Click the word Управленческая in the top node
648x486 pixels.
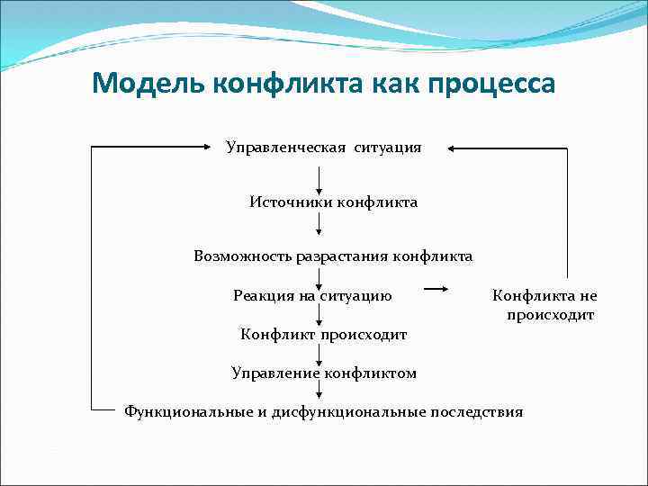[286, 147]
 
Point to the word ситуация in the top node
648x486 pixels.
[388, 147]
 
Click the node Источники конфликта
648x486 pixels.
[333, 202]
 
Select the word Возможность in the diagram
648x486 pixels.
[242, 256]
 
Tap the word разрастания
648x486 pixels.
[345, 256]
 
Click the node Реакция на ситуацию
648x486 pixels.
[312, 295]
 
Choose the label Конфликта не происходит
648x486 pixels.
[544, 305]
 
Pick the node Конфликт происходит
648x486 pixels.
[324, 335]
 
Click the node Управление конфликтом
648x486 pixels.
[324, 373]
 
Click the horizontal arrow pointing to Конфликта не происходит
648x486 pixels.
[436, 289]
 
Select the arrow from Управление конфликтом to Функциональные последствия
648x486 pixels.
[319, 390]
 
